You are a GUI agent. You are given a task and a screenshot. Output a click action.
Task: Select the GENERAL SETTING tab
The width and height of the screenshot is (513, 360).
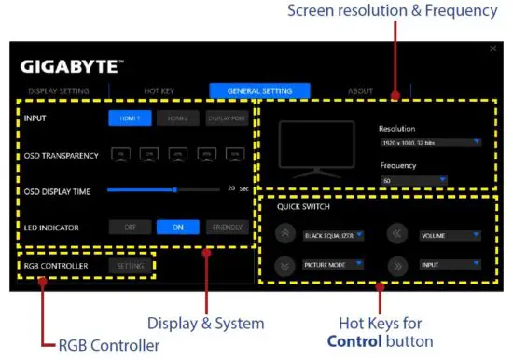tap(260, 91)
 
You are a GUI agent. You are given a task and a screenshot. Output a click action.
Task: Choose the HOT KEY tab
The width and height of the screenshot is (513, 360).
tap(159, 91)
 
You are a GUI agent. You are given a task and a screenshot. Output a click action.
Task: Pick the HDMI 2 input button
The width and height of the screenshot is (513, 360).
tap(177, 119)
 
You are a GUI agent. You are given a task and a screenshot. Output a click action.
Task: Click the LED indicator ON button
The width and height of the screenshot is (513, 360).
tap(177, 227)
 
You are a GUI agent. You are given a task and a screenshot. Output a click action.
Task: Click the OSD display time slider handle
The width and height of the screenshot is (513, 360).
tap(174, 189)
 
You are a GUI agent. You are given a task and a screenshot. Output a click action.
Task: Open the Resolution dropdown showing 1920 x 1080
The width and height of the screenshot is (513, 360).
tap(430, 143)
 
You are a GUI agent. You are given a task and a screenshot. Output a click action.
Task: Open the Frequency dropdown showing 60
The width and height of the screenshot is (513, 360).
tap(413, 179)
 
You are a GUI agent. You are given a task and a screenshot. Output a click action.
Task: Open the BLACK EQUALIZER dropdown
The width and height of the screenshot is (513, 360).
tap(333, 236)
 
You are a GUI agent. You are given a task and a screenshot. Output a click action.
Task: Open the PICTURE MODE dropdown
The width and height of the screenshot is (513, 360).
tap(333, 265)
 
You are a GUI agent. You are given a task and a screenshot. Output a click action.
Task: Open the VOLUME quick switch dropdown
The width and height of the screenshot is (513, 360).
tap(450, 236)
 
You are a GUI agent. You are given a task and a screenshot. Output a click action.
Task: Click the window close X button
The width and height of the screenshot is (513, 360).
tap(493, 48)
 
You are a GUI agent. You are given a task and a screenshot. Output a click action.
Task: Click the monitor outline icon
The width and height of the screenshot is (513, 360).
tap(317, 150)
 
